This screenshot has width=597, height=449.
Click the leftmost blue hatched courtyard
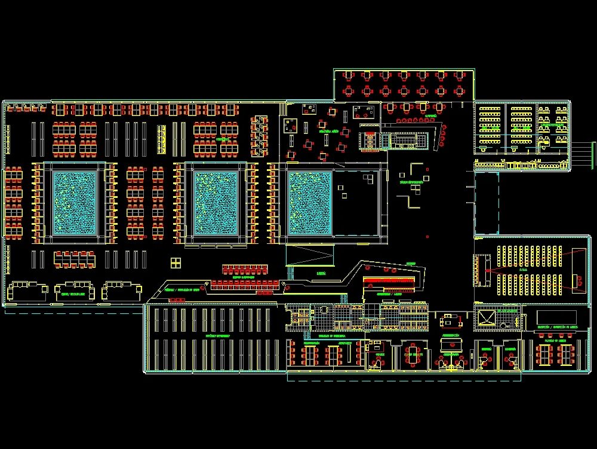click(75, 203)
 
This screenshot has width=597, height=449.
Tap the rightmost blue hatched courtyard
click(310, 203)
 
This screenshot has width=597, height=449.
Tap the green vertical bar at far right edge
click(593, 154)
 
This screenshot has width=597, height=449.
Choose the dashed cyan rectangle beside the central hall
click(487, 203)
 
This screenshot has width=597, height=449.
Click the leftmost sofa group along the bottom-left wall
click(28, 291)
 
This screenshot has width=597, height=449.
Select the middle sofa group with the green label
click(74, 291)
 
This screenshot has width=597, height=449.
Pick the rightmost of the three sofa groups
click(121, 291)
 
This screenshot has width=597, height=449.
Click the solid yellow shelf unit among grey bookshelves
click(161, 139)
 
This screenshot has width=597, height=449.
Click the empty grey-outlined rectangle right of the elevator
click(556, 317)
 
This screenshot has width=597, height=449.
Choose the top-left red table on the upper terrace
click(349, 76)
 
